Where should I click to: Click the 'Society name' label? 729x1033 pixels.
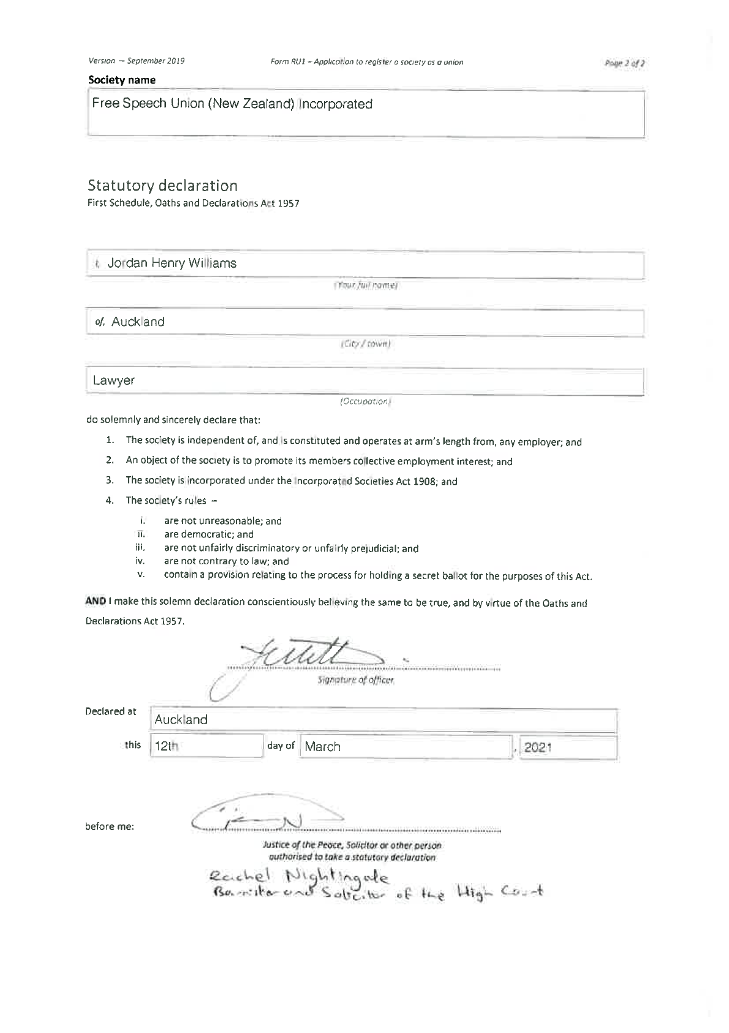pyautogui.click(x=122, y=80)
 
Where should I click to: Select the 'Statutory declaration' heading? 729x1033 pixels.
pyautogui.click(x=162, y=185)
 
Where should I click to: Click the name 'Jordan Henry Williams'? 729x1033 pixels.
pyautogui.click(x=172, y=263)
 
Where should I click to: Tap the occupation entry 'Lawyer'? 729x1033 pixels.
pyautogui.click(x=113, y=380)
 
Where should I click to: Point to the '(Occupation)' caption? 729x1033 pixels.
pyautogui.click(x=365, y=401)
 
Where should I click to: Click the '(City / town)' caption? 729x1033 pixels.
pyautogui.click(x=365, y=344)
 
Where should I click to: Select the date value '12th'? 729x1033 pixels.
pyautogui.click(x=165, y=747)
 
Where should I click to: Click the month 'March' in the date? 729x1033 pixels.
pyautogui.click(x=323, y=747)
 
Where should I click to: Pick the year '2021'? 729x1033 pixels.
pyautogui.click(x=538, y=747)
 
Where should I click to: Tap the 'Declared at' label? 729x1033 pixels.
pyautogui.click(x=111, y=711)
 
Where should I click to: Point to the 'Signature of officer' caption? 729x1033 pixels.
pyautogui.click(x=356, y=680)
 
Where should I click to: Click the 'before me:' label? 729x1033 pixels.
pyautogui.click(x=110, y=827)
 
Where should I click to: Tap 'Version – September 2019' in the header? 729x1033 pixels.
pyautogui.click(x=137, y=61)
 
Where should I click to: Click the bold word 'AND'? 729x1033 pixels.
pyautogui.click(x=96, y=602)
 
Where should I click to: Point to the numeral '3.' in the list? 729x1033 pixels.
pyautogui.click(x=110, y=480)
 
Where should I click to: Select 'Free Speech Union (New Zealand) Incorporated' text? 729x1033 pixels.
pyautogui.click(x=232, y=104)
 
